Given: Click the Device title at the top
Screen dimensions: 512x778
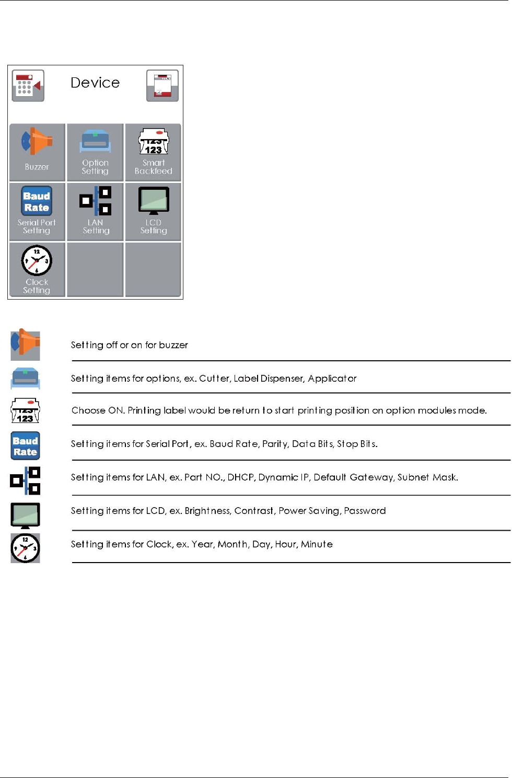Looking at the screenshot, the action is (x=95, y=83).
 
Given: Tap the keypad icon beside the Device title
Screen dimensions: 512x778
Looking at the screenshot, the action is (x=28, y=85).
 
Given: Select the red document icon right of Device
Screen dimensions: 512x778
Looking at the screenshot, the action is (x=162, y=85).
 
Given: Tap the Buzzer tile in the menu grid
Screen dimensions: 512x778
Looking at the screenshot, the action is (x=37, y=152).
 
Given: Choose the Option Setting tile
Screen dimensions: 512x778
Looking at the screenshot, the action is (x=95, y=152).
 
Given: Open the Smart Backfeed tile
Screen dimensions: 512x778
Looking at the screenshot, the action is (x=153, y=152).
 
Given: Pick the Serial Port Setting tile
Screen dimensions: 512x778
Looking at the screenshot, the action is (x=37, y=212).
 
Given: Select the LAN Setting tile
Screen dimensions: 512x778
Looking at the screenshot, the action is (x=95, y=212).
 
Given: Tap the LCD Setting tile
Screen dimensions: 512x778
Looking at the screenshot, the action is (x=153, y=212).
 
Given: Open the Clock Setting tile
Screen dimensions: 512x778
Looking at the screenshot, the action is (x=37, y=269).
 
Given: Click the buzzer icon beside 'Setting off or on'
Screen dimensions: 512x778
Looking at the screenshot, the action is (x=26, y=345).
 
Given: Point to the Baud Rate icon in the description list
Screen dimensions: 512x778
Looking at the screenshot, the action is (x=26, y=445).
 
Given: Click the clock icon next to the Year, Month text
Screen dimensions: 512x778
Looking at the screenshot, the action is (x=26, y=548).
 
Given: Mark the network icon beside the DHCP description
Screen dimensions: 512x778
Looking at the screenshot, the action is (x=26, y=480).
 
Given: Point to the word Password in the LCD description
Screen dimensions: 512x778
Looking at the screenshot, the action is (x=365, y=510).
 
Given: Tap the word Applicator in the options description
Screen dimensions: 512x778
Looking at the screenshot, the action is (x=332, y=379).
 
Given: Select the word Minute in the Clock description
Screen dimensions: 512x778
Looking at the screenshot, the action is (x=317, y=544).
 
